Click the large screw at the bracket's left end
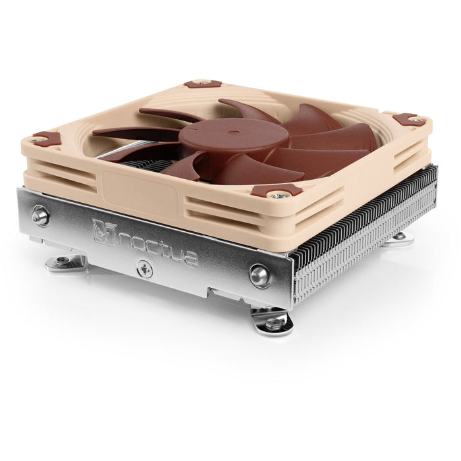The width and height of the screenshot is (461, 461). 41,216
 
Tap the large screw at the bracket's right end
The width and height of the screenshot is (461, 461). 259,275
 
